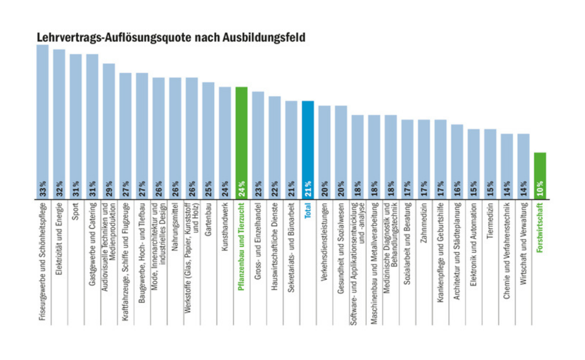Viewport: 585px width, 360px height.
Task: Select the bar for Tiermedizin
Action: point(490,156)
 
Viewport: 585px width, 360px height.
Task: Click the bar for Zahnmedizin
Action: point(424,151)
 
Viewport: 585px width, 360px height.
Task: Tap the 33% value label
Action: point(42,188)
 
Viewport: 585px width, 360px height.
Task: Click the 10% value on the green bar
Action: point(540,188)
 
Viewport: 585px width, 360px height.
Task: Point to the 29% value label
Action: point(109,188)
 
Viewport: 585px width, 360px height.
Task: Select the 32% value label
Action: point(59,188)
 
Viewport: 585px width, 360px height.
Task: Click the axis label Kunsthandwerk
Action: point(225,227)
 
